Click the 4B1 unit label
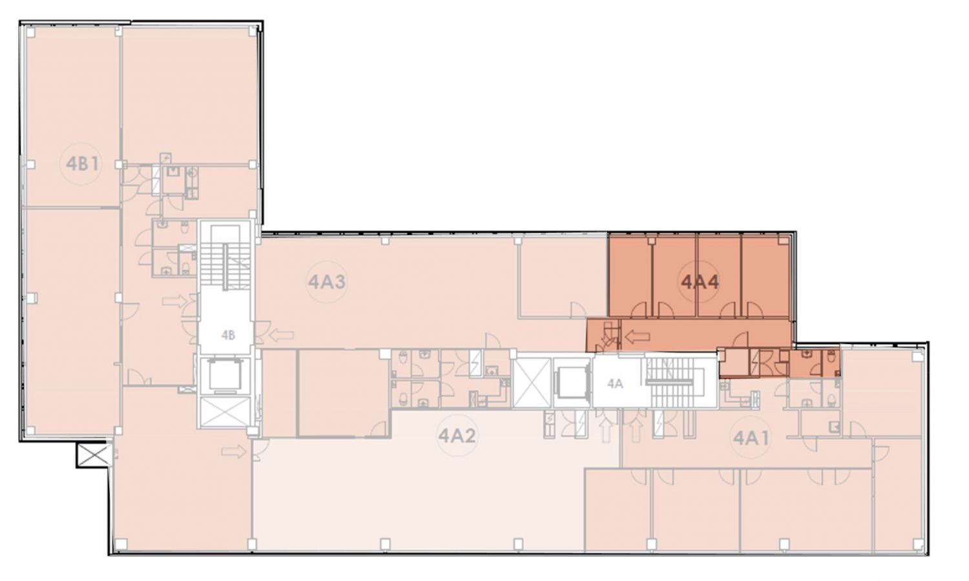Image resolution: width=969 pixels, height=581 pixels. pos(82,164)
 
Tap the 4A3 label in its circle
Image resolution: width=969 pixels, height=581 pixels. pos(327,282)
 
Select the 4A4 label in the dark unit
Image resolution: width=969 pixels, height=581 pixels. pos(700,282)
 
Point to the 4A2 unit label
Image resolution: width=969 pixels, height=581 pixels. pos(457,435)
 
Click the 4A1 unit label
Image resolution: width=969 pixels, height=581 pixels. pos(752,438)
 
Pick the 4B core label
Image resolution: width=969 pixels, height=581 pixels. pos(228,335)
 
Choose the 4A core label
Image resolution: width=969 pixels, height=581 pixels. pos(615,383)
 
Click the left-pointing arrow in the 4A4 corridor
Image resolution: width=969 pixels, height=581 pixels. pos(638,336)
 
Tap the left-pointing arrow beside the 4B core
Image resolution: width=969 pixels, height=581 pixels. pos(281,335)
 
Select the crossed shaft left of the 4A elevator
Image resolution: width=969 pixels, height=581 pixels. pos(532,383)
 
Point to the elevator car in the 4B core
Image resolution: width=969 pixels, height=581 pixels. pos(224,373)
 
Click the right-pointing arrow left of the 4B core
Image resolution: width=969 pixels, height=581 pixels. pos(174,301)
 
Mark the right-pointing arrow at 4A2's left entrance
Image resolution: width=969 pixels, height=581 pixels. pos(234,452)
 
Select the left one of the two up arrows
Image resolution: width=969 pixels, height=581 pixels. pos(607,430)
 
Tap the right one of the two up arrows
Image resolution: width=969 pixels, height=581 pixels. pos(635,430)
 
